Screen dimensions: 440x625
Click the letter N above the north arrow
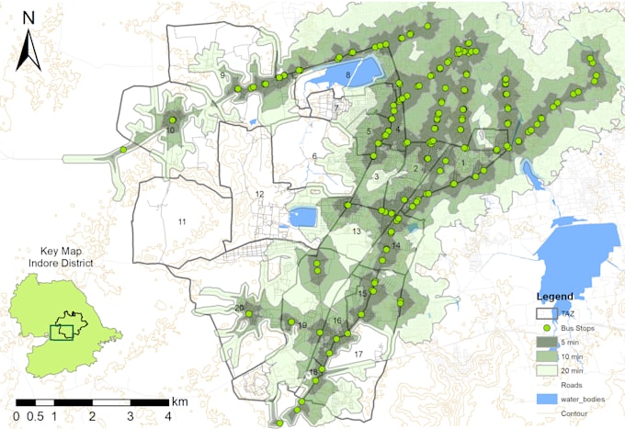pos(29,17)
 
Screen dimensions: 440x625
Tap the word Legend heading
pos(555,297)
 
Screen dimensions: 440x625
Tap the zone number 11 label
pos(182,222)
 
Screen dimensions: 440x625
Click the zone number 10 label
pos(171,130)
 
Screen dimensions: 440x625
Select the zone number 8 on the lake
pos(348,74)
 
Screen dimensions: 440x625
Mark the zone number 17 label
pos(358,354)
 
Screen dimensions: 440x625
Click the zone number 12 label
pos(259,195)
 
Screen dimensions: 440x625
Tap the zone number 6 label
pos(314,156)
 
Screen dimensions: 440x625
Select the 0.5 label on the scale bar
pos(35,416)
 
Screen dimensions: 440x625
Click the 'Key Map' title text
pos(62,251)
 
